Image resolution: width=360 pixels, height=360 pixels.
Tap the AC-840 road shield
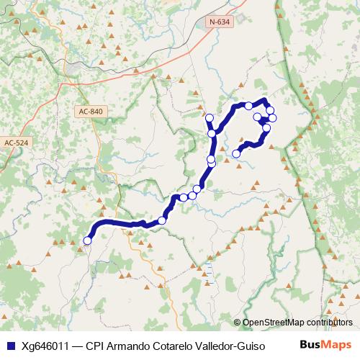[x=89, y=112]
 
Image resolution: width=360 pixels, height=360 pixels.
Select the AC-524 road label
[x=18, y=143]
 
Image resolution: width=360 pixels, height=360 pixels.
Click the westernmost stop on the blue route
[x=88, y=240]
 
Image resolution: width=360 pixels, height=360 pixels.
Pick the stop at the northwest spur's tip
[x=210, y=118]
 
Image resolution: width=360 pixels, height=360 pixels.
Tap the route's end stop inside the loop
[x=236, y=153]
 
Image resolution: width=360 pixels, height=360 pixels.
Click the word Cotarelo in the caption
[x=181, y=345]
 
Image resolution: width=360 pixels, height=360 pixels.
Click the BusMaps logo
[x=325, y=344]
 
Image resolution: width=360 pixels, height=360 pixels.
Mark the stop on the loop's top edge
[x=248, y=106]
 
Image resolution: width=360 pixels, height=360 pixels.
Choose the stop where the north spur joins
[x=212, y=133]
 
